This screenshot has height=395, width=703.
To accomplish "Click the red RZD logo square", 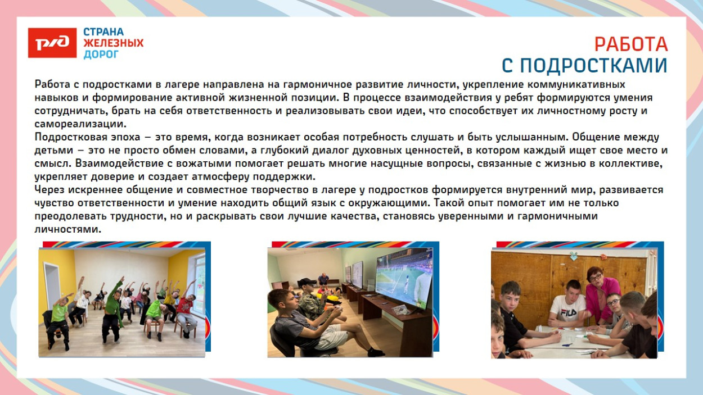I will pos(52,43).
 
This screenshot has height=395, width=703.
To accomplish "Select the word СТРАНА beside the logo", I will pos(103,32).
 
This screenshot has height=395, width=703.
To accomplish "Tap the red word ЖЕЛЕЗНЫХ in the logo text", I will pos(113,43).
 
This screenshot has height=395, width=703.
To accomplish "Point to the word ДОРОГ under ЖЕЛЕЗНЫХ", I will pos(101,55).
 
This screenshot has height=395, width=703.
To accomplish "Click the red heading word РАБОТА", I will pos(631,44).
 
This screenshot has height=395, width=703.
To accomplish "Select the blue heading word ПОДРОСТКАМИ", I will pos(593,66).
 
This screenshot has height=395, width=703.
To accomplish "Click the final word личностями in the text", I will pos(67,230).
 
